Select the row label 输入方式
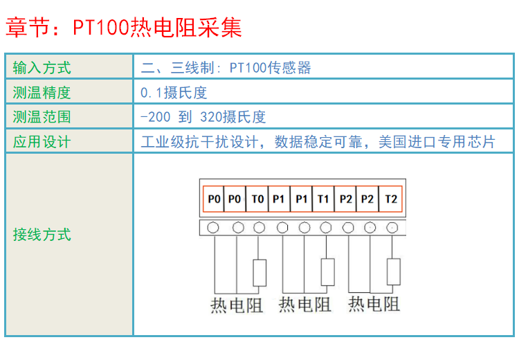[42, 68]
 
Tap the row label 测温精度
[42, 92]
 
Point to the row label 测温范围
[42, 117]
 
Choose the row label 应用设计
[42, 142]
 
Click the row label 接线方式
[42, 234]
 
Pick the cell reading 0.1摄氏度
[174, 92]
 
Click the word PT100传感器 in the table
[271, 68]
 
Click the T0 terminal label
[258, 199]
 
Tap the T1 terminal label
[323, 199]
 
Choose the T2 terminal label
[391, 199]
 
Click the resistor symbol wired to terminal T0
[259, 273]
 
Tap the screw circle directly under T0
[259, 227]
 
